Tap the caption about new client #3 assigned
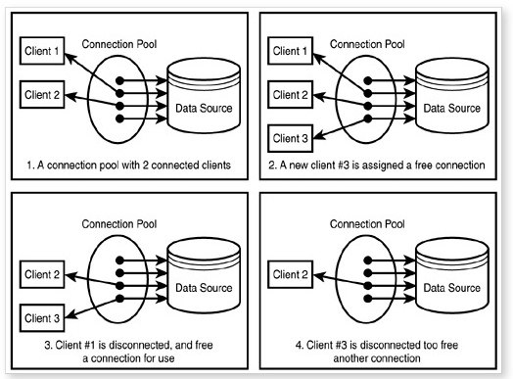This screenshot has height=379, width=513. pos(378,165)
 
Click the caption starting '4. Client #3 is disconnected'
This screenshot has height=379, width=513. pos(378,351)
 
